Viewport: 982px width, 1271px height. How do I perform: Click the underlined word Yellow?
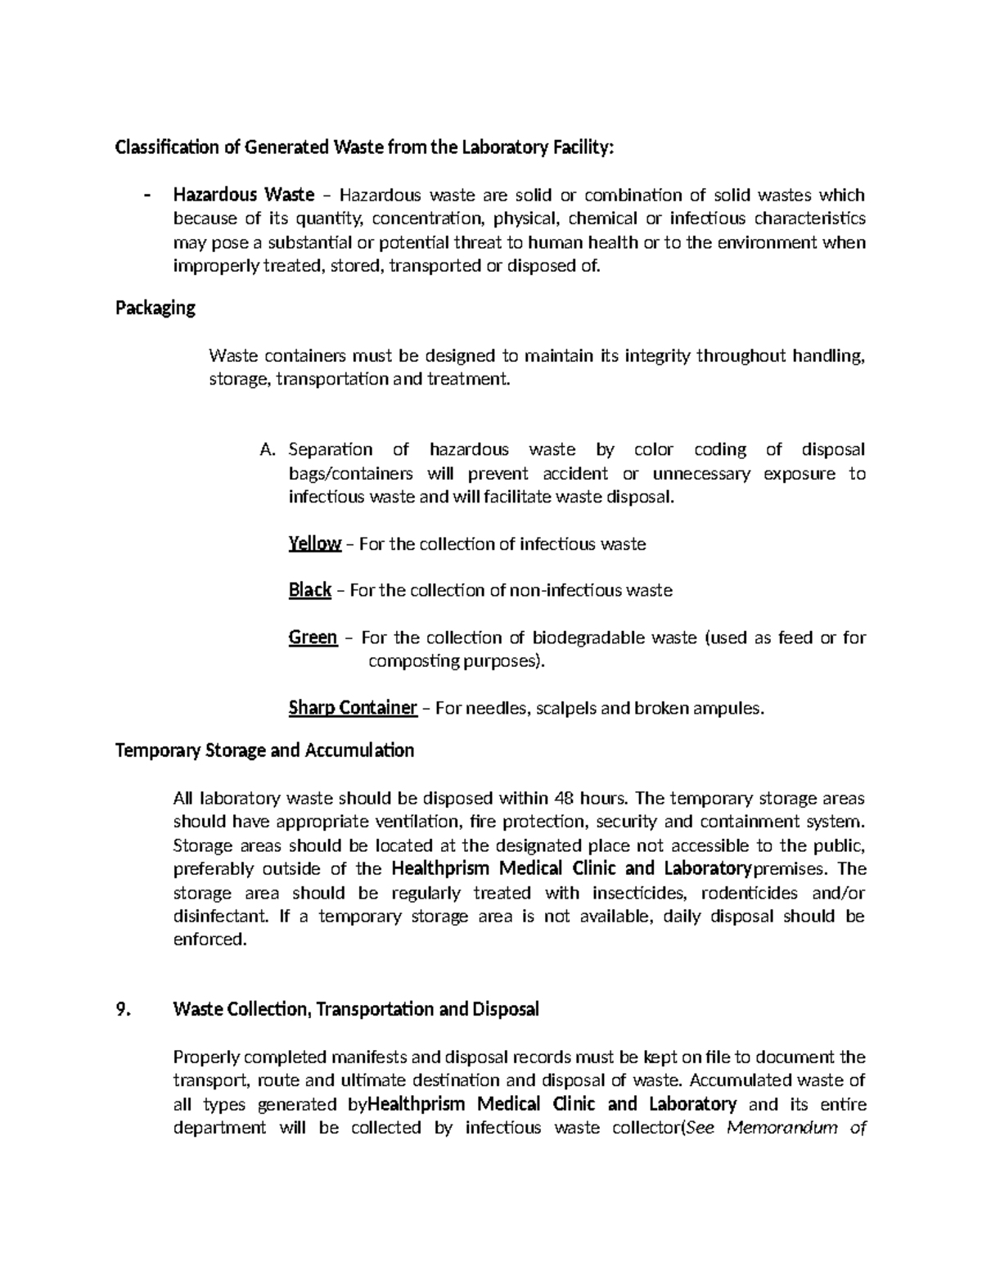[314, 544]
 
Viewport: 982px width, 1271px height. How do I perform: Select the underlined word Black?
[309, 590]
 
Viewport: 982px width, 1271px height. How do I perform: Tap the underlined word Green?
[313, 638]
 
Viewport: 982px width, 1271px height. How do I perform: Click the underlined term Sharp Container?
[353, 708]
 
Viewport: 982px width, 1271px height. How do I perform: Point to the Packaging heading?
[155, 309]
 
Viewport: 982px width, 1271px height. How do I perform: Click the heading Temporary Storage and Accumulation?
[264, 750]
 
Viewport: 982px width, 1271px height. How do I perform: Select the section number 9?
[122, 1009]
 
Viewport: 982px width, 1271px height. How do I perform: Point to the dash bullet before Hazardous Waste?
[147, 195]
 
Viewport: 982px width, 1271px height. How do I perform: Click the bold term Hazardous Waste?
[243, 195]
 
